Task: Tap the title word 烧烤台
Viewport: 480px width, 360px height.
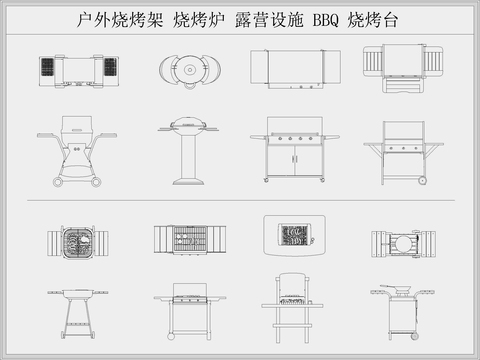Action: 375,20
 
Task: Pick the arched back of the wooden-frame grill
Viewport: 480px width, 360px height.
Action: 293,277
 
